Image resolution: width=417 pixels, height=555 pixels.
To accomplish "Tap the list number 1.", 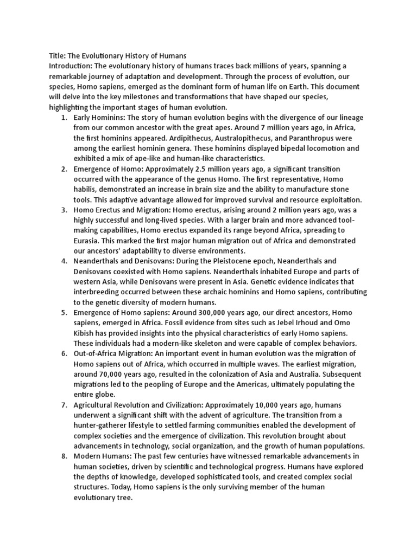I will (64, 118).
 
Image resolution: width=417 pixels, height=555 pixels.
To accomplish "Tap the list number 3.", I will (64, 210).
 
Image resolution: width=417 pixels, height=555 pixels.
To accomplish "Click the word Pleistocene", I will (223, 261).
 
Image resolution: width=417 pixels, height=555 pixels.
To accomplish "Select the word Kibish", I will (86, 333).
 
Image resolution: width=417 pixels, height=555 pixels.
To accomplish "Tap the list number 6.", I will (64, 353).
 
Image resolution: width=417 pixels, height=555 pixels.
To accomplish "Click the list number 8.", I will (64, 456).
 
